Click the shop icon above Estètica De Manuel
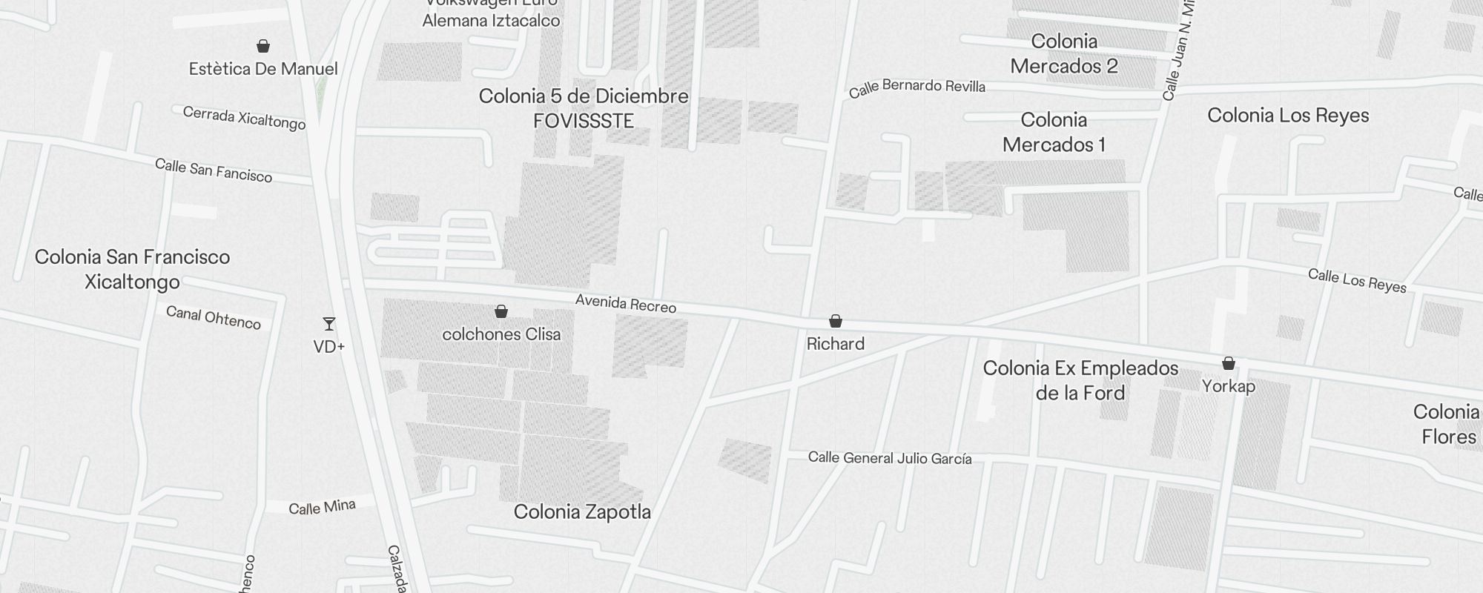tap(262, 47)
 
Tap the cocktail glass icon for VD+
tap(329, 324)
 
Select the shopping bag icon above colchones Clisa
tap(501, 311)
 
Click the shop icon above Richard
tap(836, 321)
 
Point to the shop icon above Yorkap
tap(1229, 363)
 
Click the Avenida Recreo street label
tap(626, 304)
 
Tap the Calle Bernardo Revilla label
tap(917, 87)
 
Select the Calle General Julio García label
tap(890, 458)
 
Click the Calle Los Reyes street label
tap(1357, 281)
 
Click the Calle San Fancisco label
tap(214, 170)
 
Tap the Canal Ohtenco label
tap(214, 317)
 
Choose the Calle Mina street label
tap(322, 508)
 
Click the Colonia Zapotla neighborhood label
tap(582, 511)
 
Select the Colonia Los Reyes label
tap(1288, 116)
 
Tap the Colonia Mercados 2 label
tap(1064, 53)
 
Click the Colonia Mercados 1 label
tap(1054, 132)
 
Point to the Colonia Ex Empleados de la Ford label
tap(1080, 380)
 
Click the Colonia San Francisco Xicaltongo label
tap(132, 269)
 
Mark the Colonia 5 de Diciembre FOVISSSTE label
tap(584, 108)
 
